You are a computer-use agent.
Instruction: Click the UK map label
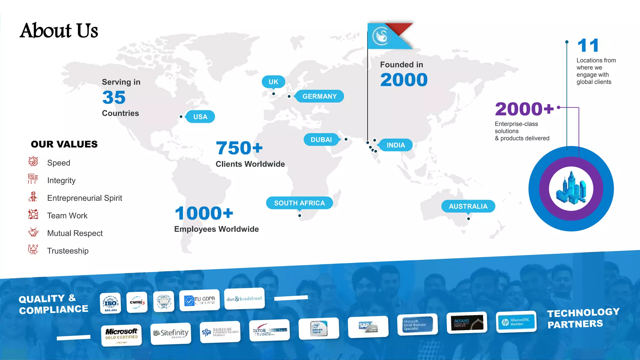point(273,82)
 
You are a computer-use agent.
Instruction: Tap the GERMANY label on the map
point(319,96)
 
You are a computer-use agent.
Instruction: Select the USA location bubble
point(200,117)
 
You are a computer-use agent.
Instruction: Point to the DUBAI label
point(321,140)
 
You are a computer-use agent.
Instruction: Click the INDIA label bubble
point(396,145)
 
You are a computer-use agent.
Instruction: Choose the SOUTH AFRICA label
point(299,203)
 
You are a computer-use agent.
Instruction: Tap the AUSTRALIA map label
point(468,206)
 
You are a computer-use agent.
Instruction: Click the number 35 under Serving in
point(114,97)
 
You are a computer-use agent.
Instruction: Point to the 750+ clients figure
point(239,148)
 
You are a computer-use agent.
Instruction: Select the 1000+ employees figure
point(204,213)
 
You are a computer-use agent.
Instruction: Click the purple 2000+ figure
point(524,109)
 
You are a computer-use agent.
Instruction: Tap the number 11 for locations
point(588,46)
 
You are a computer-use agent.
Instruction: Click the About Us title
point(59,31)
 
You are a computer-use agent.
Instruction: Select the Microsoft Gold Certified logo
point(121,335)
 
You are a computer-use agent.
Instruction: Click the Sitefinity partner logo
point(171,333)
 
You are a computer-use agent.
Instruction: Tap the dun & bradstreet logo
point(244,299)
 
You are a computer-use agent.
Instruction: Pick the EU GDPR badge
point(199,300)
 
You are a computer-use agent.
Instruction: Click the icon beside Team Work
point(33,215)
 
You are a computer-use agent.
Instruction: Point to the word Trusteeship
point(68,251)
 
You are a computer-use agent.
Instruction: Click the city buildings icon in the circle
point(571,188)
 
